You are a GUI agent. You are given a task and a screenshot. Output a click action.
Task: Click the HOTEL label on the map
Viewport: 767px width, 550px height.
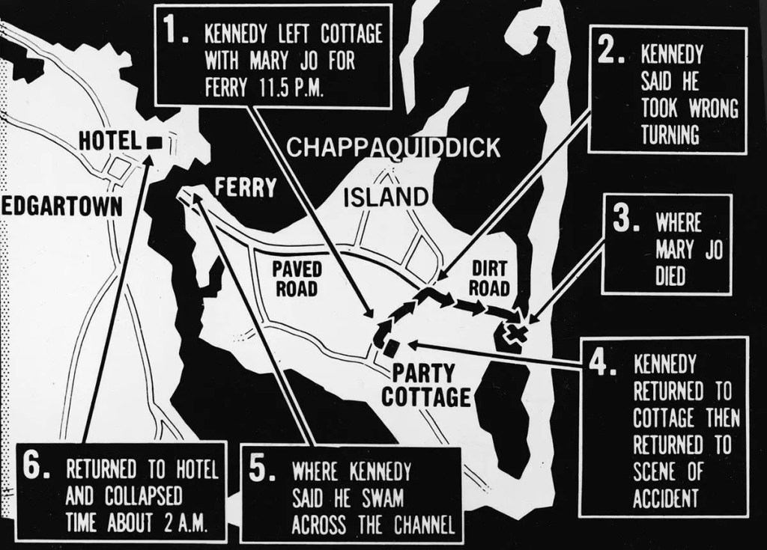(x=110, y=141)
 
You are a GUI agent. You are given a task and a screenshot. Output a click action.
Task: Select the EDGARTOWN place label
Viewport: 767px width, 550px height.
(x=61, y=207)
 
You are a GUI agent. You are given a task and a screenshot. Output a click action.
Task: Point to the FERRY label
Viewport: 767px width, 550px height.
(x=246, y=187)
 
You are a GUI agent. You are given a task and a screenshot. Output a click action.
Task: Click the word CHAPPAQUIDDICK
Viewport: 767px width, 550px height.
(x=393, y=147)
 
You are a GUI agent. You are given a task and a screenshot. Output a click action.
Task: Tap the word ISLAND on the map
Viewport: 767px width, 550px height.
(x=386, y=198)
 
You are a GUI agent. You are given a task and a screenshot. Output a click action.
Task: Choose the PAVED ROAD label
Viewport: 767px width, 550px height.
(x=297, y=278)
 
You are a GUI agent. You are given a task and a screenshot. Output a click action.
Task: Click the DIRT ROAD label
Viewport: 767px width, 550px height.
(x=489, y=278)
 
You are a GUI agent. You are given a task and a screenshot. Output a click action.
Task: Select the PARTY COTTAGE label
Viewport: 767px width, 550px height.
(x=425, y=385)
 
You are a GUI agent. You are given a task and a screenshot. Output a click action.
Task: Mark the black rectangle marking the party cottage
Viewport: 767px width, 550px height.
(x=390, y=348)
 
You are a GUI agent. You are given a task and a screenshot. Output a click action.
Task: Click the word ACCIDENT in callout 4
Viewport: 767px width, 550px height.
(x=666, y=498)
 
